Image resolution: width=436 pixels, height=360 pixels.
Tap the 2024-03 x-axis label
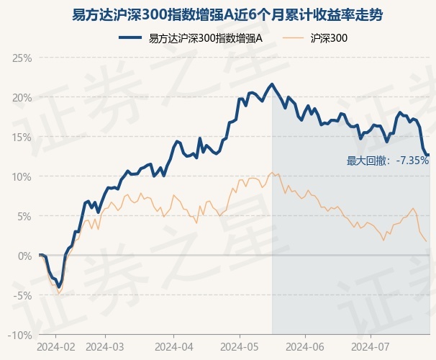pos(105,346)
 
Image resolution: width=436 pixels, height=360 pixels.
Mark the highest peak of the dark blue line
pos(272,84)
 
